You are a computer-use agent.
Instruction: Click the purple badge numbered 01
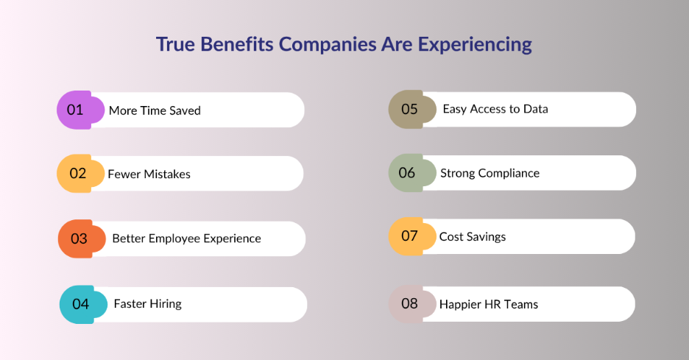[x=75, y=110]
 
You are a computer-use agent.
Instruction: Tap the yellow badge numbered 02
[x=77, y=174]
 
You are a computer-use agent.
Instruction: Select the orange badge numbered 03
[x=78, y=239]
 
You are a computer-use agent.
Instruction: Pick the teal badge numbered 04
[x=79, y=304]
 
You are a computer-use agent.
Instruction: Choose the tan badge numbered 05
[x=409, y=109]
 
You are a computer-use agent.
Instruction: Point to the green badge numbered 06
[x=407, y=173]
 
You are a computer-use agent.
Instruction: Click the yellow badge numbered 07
[x=409, y=236]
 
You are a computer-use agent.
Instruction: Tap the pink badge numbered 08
[x=409, y=303]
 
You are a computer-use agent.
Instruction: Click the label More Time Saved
[x=155, y=110]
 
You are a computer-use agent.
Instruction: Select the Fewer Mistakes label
[x=149, y=174]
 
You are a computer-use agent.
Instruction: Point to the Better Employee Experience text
[x=186, y=239]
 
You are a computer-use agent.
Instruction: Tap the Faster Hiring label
[x=147, y=304]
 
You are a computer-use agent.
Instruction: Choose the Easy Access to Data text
[x=495, y=109]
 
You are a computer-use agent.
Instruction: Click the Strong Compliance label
[x=490, y=173]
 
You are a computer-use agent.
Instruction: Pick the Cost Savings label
[x=472, y=236]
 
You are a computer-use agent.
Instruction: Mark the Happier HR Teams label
[x=488, y=303]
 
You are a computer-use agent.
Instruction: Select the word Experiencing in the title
[x=475, y=44]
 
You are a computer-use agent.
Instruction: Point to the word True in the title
[x=175, y=44]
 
